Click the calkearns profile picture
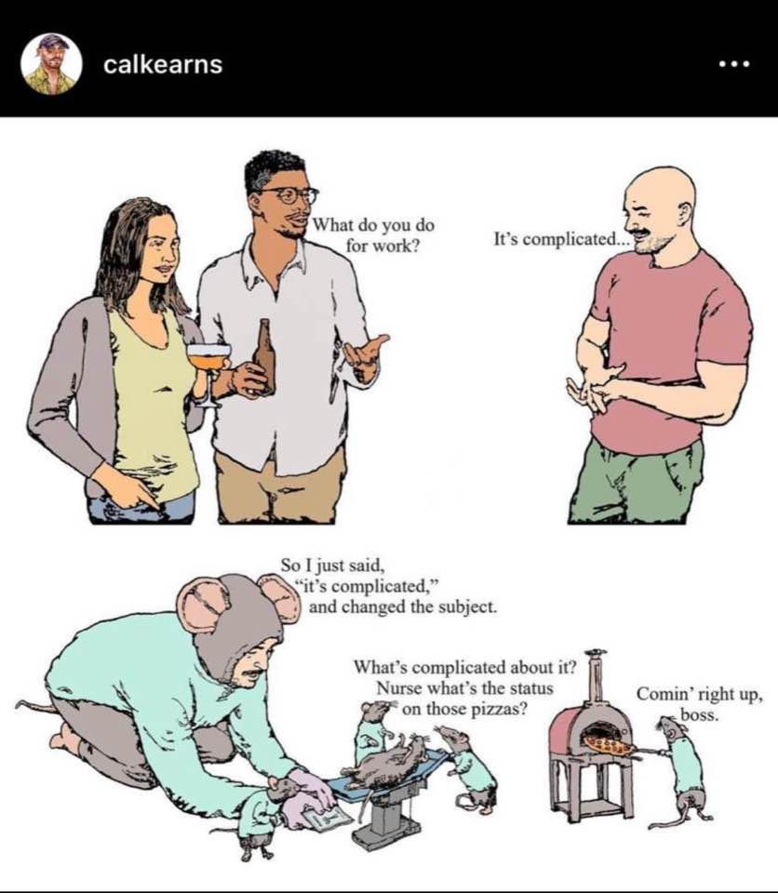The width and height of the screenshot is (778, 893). (51, 64)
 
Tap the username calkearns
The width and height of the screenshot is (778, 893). (163, 64)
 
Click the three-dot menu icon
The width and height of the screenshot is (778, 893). (734, 64)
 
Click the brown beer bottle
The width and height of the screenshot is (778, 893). (264, 356)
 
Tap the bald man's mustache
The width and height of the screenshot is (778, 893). (642, 233)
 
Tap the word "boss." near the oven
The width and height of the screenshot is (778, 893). (699, 715)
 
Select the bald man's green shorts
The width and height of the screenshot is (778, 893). (637, 481)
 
